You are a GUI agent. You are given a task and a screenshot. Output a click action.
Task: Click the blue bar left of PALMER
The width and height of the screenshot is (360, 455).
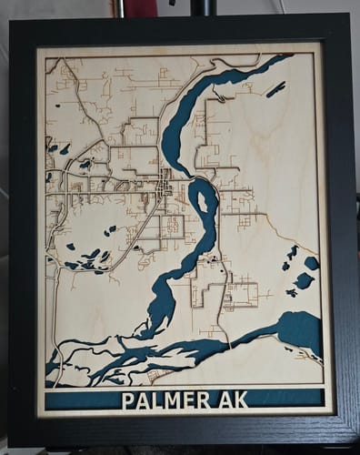80,399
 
